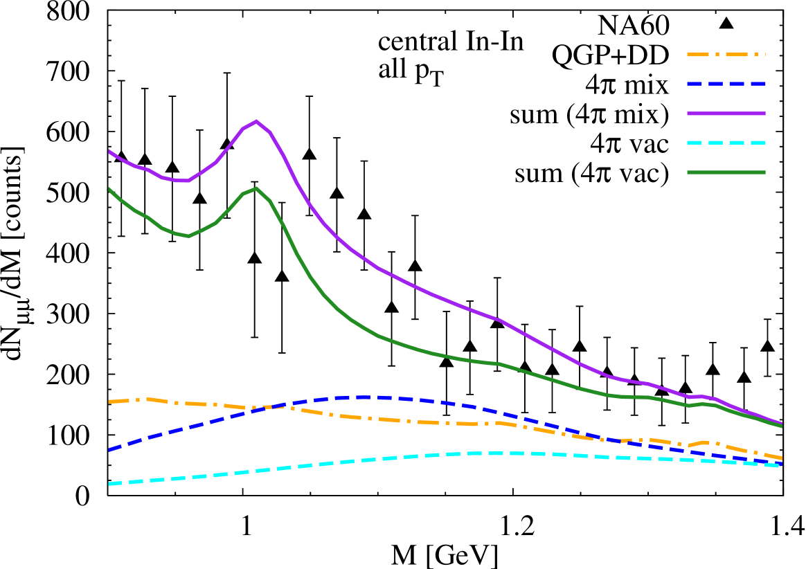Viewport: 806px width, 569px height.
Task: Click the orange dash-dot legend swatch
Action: coord(726,54)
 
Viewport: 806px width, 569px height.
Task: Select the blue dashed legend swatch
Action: coord(726,84)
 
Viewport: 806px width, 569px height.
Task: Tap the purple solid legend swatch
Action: coord(726,113)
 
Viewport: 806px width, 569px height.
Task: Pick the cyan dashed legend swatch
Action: coord(726,143)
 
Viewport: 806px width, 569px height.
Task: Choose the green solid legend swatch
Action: coord(726,172)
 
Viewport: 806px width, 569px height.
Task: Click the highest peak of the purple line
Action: coord(256,122)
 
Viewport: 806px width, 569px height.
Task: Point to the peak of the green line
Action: coord(256,188)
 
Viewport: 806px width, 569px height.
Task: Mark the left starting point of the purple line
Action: coord(109,151)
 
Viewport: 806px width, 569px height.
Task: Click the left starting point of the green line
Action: coord(109,188)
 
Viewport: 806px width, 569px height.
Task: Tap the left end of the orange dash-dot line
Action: coord(109,401)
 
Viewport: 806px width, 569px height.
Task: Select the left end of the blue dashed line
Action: coord(109,450)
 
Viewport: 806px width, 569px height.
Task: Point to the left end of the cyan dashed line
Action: coord(109,484)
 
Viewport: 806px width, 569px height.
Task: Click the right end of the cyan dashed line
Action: coord(781,466)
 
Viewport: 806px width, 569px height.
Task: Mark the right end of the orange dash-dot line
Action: coord(781,458)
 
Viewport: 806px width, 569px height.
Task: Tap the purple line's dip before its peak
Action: coord(183,181)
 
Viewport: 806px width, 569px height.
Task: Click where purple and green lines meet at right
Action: coord(781,425)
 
